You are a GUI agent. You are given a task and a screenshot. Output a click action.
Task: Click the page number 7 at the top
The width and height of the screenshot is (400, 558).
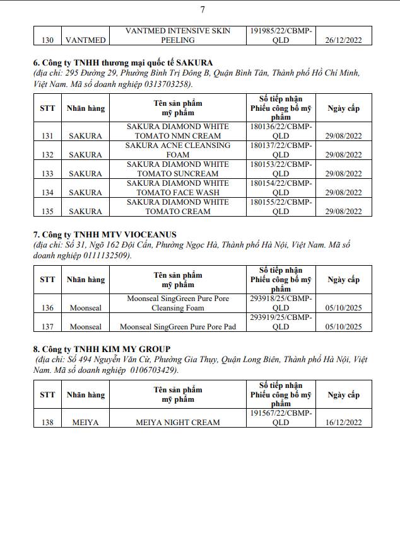[203, 9]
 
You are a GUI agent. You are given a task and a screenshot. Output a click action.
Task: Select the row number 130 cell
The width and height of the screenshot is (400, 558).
[47, 40]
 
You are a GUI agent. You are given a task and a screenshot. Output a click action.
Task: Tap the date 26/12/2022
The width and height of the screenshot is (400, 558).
[343, 40]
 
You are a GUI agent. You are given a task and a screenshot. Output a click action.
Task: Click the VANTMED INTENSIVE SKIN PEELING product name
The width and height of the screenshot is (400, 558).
[178, 35]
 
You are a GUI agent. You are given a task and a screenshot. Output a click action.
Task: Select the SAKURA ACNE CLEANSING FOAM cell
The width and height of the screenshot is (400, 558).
[178, 150]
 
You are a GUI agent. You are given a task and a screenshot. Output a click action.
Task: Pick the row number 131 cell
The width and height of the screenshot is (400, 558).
[47, 135]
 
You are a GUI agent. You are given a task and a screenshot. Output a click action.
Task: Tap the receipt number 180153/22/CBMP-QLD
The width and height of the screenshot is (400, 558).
[281, 169]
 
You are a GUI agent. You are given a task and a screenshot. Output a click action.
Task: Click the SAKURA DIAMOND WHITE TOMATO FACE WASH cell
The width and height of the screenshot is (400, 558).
[178, 188]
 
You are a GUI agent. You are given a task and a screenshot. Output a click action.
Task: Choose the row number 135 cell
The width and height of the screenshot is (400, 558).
[47, 212]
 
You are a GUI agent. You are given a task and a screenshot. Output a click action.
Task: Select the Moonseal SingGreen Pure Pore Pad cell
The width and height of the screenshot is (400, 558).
[178, 327]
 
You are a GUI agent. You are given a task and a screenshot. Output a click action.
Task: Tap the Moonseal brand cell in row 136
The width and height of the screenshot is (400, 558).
[85, 308]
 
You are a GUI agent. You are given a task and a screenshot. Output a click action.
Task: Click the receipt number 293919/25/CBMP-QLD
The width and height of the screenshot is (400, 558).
[281, 322]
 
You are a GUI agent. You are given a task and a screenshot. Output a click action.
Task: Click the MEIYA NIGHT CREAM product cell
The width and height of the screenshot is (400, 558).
[178, 422]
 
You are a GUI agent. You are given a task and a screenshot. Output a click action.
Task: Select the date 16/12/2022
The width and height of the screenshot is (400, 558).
[343, 422]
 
